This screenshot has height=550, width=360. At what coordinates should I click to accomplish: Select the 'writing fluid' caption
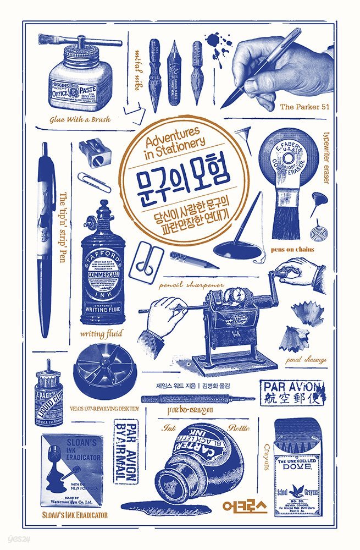pyautogui.click(x=102, y=333)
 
